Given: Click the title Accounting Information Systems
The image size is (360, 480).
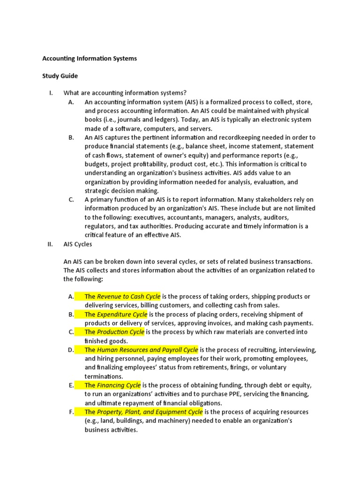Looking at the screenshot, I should click(x=90, y=59).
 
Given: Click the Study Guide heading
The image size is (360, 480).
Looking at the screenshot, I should click(x=60, y=75).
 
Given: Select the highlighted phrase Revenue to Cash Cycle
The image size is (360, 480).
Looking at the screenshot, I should click(x=128, y=296).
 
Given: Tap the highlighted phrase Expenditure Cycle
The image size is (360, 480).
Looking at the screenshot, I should click(x=122, y=314).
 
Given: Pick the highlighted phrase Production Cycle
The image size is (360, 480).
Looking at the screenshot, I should click(x=120, y=332).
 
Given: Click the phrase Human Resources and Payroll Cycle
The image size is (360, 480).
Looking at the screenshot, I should click(x=147, y=350).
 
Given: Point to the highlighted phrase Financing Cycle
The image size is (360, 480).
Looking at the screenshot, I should click(x=119, y=385).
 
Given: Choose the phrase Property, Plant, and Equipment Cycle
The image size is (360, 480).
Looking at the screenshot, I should click(x=150, y=412).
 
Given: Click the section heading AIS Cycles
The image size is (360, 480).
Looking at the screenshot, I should click(x=78, y=244).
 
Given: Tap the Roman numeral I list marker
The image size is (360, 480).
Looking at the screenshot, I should click(x=51, y=93).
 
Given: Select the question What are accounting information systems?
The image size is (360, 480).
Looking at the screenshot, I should click(x=125, y=93).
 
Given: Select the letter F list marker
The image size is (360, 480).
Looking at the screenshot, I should click(x=71, y=412).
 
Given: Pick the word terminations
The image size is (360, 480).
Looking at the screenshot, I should click(x=104, y=376).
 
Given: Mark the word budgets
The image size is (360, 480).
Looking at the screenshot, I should click(x=97, y=164).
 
